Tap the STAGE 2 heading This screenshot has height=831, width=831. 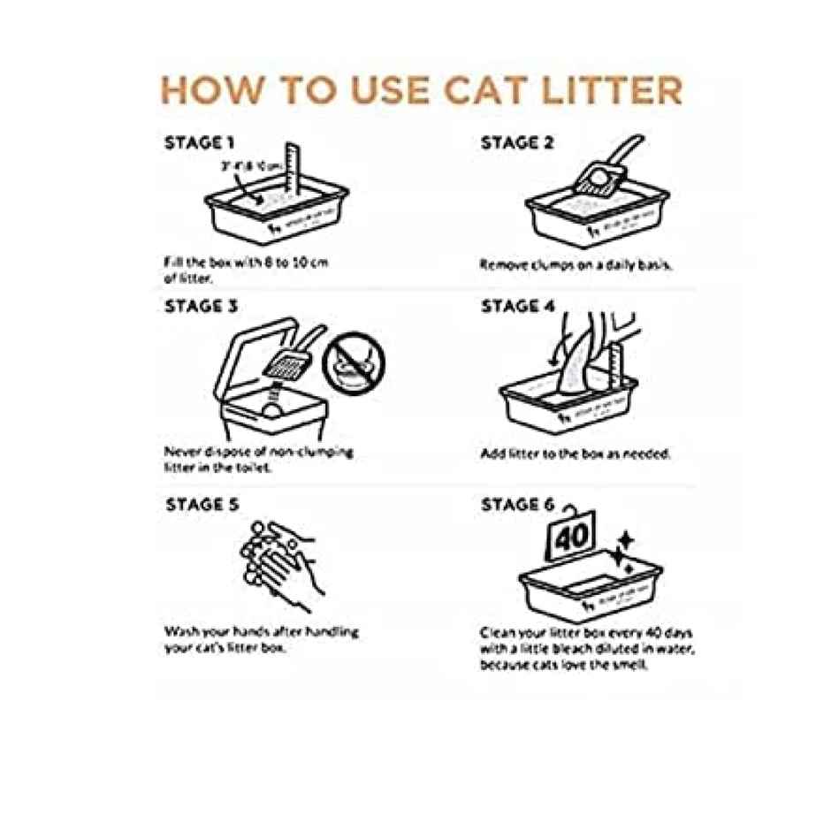[517, 142]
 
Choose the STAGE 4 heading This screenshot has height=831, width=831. [518, 307]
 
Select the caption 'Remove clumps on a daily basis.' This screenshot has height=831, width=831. [576, 263]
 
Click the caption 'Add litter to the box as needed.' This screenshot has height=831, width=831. [576, 454]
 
